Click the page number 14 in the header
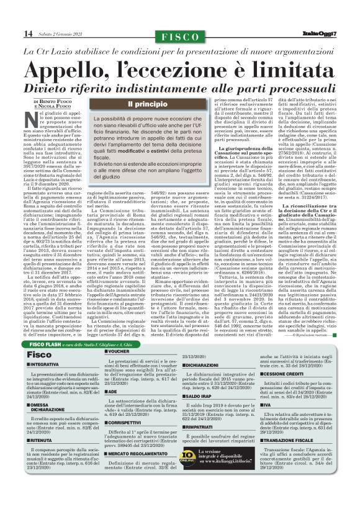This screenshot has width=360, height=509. click(x=27, y=33)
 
